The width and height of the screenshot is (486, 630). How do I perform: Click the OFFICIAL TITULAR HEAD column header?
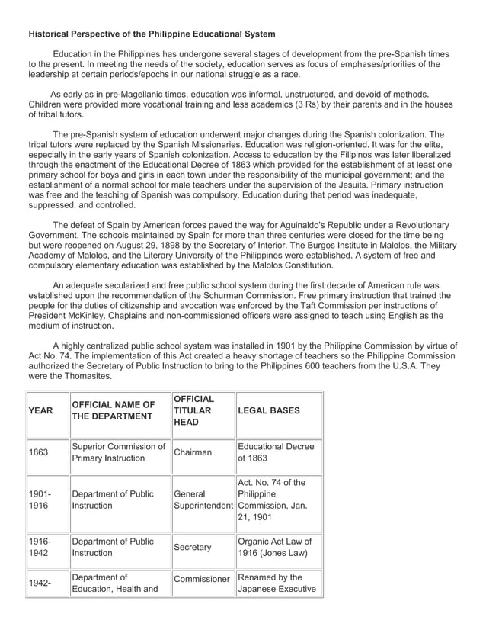[x=193, y=410]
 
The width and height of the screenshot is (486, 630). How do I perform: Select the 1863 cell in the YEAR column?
[x=38, y=452]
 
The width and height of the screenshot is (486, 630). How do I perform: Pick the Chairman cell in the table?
[x=193, y=452]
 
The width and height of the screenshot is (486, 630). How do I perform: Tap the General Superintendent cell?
[x=203, y=500]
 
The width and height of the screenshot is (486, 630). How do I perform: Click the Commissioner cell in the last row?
[x=202, y=579]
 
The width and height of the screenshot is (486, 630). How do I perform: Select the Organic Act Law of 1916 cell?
[x=275, y=547]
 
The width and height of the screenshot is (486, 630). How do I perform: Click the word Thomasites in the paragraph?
[x=85, y=376]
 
